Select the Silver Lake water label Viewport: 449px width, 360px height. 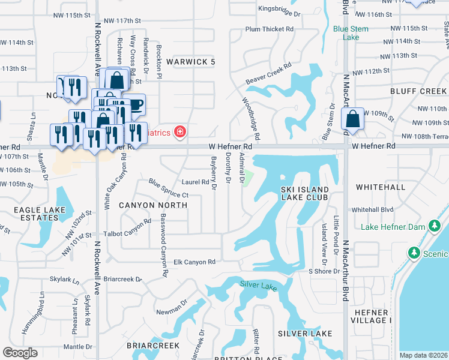(x=258, y=286)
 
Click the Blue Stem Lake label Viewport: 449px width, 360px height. (x=346, y=32)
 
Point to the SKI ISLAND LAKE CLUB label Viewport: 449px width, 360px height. (x=304, y=193)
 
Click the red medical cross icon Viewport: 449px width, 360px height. (x=178, y=131)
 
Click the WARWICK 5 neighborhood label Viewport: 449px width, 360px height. (x=190, y=62)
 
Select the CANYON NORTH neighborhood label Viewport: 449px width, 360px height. (x=153, y=205)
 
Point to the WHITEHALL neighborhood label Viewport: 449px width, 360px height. (x=381, y=187)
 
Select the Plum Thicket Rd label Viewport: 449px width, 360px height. (x=270, y=29)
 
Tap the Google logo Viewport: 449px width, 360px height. (x=20, y=353)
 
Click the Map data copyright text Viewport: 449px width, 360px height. (x=424, y=355)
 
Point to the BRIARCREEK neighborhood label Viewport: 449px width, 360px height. (x=153, y=346)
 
